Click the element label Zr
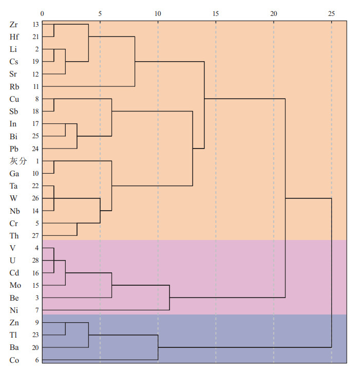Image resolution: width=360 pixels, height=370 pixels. pos(14,24)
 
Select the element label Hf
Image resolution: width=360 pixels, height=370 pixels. pos(14,36)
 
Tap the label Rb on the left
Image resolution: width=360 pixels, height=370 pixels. pos(14,86)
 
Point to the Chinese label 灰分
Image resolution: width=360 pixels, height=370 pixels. pos(17,161)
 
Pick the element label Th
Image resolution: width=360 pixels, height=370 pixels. pos(14,235)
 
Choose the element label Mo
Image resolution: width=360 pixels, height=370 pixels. pos(15,285)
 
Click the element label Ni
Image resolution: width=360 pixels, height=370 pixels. pos(14,310)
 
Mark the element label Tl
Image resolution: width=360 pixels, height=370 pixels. pos(13,335)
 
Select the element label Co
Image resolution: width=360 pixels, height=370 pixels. pos(14,360)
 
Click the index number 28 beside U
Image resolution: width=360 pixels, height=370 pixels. pos(35,261)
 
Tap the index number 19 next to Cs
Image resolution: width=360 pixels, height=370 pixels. pos(35,62)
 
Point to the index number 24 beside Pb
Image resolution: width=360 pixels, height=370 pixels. pos(35,149)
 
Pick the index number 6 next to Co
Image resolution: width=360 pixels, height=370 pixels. pos(37,360)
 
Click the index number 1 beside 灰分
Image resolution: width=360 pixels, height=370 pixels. pos(37,161)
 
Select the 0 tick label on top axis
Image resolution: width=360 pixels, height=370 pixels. pos(43,12)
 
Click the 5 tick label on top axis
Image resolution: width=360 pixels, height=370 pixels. pos(100,12)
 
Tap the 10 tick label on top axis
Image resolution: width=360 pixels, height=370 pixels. pos(158,12)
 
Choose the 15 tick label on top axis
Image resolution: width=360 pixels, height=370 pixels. pos(216,12)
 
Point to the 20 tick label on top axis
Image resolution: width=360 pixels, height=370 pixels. pos(274,12)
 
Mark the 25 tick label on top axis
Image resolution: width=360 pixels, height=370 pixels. pos(331,12)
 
